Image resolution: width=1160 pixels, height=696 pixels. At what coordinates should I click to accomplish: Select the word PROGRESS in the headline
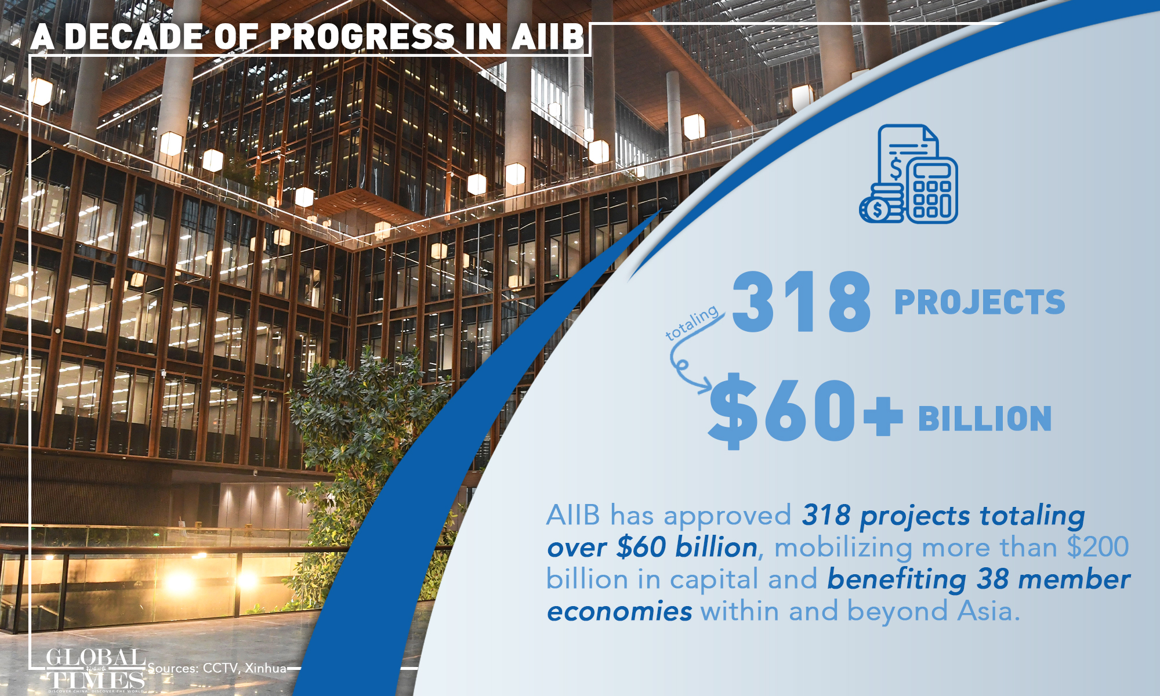pyautogui.click(x=362, y=37)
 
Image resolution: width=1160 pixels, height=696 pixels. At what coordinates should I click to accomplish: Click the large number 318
pyautogui.click(x=802, y=302)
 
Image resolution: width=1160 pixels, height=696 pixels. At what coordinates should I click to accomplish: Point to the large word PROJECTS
pyautogui.click(x=980, y=302)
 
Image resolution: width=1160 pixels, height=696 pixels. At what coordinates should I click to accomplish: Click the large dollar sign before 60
pyautogui.click(x=733, y=411)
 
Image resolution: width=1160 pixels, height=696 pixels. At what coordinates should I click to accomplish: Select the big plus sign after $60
pyautogui.click(x=883, y=416)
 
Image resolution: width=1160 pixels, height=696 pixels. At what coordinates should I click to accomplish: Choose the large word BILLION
pyautogui.click(x=985, y=419)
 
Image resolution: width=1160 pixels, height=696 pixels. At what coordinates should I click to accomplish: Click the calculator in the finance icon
pyautogui.click(x=932, y=190)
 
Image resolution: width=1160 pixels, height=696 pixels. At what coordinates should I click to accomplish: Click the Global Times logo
pyautogui.click(x=96, y=670)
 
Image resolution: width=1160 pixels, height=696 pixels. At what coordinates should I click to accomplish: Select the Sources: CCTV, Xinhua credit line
pyautogui.click(x=217, y=668)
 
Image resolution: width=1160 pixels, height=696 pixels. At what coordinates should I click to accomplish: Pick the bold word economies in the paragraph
pyautogui.click(x=619, y=612)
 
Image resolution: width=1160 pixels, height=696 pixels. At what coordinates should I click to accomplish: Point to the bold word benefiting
pyautogui.click(x=897, y=579)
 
